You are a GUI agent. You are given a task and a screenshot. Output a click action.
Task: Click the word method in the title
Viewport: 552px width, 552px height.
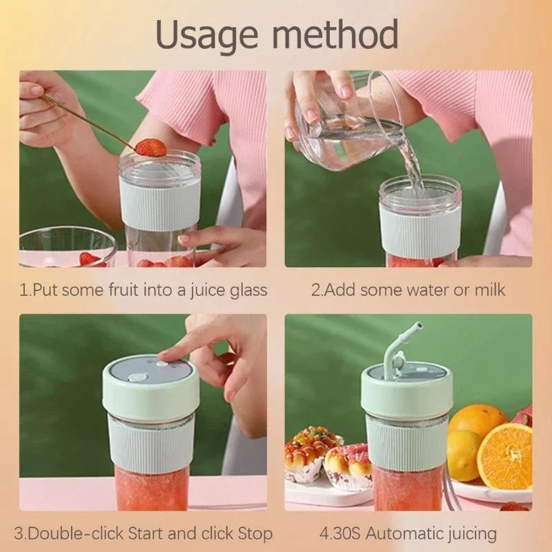[x=335, y=34]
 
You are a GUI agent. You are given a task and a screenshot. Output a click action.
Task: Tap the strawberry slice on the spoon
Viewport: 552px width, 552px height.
[x=150, y=148]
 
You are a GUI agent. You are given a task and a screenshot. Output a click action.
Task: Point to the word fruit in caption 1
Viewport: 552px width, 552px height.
[x=124, y=290]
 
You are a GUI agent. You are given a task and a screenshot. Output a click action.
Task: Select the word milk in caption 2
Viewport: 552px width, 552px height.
[x=490, y=290]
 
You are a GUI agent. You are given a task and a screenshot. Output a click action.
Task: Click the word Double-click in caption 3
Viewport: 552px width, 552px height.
[x=76, y=533]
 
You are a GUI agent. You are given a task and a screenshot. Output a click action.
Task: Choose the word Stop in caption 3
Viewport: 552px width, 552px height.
[x=255, y=534]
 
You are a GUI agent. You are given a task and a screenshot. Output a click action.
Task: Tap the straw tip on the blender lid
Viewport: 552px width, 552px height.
[x=418, y=326]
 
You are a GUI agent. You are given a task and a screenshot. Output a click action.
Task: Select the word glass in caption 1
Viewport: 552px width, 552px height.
[x=248, y=290]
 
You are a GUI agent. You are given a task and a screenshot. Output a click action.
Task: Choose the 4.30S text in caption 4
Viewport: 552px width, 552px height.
[x=339, y=533]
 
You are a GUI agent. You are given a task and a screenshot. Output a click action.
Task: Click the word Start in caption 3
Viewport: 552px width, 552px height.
[x=146, y=533]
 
